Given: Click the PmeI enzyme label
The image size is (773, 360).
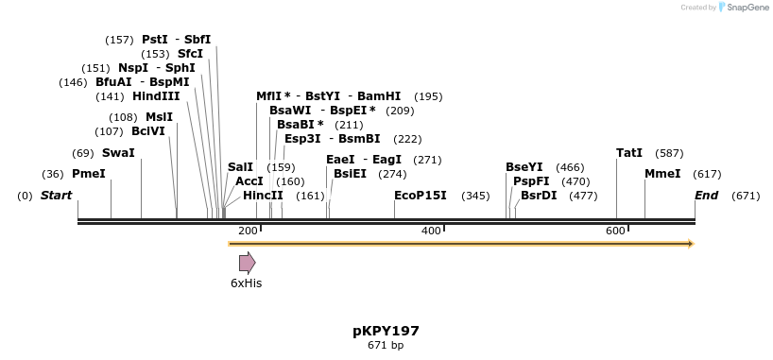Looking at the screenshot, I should (x=89, y=174).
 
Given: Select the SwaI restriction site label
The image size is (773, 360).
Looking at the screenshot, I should (x=118, y=153).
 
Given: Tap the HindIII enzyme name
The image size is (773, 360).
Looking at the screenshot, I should (x=156, y=96).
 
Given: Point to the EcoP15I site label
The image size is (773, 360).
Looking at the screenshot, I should (x=420, y=196).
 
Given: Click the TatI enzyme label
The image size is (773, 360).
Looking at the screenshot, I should (x=629, y=153).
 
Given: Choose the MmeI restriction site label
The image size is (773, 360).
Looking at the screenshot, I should (x=662, y=174).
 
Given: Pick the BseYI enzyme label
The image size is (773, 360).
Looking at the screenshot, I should (x=524, y=167).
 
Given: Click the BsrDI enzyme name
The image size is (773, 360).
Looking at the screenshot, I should (x=539, y=196).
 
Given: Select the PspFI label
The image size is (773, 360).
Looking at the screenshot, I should (x=531, y=181).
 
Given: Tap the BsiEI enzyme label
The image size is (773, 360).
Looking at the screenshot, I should (x=350, y=174).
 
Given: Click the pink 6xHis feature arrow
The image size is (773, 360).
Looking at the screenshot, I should (x=247, y=263).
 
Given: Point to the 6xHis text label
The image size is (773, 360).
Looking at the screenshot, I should (x=247, y=283).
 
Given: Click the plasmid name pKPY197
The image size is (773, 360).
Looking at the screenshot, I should (x=386, y=331).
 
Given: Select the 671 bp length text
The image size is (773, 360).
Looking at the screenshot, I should (x=386, y=346).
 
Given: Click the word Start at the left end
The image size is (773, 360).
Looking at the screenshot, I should (x=56, y=196).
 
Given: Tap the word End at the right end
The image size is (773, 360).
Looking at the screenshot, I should (x=706, y=196).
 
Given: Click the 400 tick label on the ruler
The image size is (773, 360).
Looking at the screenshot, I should (x=431, y=231).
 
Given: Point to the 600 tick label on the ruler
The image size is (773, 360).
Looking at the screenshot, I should (x=615, y=231).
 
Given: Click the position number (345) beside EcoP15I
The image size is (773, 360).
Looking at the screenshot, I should (x=475, y=196).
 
